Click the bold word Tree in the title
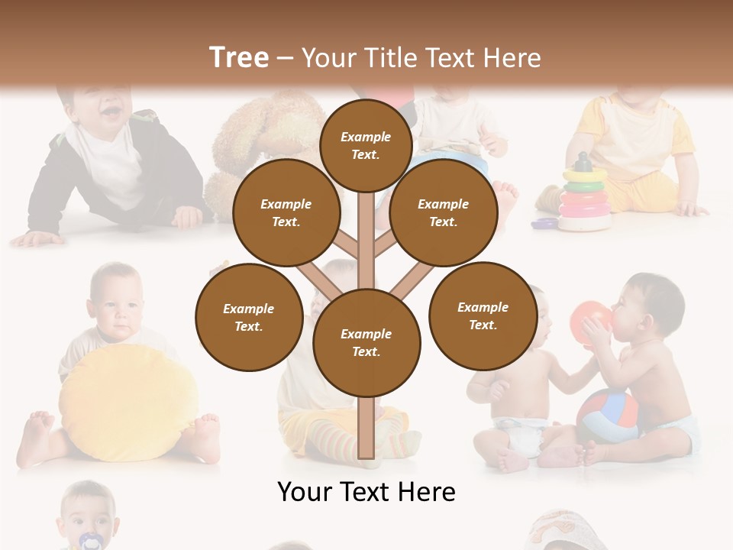click(x=239, y=57)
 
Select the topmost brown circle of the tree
click(x=366, y=145)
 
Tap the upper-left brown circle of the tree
click(x=286, y=212)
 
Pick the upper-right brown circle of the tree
click(x=443, y=212)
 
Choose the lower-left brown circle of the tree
click(x=248, y=317)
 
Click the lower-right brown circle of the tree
click(x=483, y=315)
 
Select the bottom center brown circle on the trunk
click(x=366, y=342)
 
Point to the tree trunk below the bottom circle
click(x=366, y=428)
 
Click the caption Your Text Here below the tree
click(x=366, y=492)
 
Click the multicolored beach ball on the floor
click(x=607, y=416)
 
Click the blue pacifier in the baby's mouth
click(x=89, y=541)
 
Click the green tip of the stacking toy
click(x=584, y=163)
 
